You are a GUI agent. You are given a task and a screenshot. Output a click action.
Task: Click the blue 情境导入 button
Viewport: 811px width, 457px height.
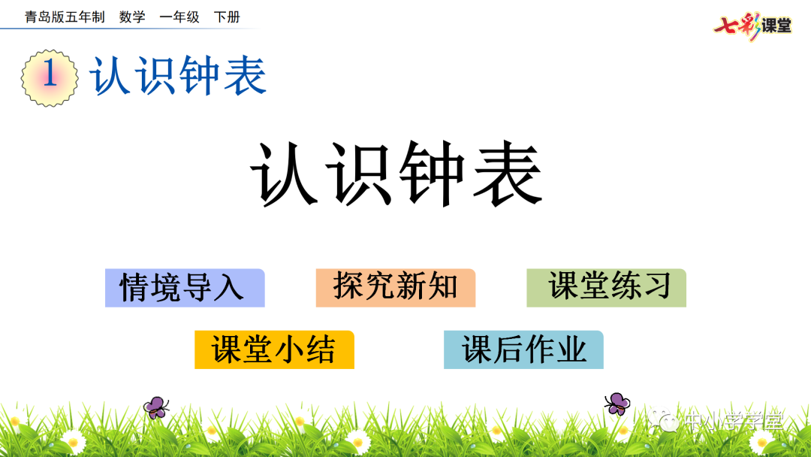pos(185,288)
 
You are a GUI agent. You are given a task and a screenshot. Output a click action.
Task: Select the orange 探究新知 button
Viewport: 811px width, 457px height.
pos(396,288)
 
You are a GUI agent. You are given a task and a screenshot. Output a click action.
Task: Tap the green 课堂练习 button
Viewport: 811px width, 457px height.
pos(607,288)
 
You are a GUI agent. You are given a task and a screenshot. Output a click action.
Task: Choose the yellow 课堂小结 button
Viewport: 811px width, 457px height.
pos(274,350)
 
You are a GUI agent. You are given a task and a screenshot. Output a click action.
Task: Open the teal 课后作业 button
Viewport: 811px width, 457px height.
pos(523,350)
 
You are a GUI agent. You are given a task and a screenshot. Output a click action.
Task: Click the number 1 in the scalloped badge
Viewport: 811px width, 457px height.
pos(50,76)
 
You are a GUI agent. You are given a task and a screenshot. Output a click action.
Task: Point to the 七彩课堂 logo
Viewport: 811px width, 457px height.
pos(752,26)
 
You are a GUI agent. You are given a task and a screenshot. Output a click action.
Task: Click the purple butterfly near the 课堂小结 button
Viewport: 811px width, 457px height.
pos(156,407)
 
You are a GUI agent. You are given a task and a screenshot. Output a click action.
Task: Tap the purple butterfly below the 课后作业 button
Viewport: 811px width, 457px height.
pos(617,404)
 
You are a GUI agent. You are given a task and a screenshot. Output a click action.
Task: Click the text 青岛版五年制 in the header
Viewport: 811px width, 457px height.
pos(65,17)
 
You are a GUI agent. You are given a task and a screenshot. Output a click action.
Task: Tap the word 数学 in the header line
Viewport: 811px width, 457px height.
pos(132,17)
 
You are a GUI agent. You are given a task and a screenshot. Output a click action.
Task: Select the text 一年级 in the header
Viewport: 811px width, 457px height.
pos(179,17)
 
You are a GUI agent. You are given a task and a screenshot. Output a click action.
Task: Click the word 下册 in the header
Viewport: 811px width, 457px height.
pos(227,17)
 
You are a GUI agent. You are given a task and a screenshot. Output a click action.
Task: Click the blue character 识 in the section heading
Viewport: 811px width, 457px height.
pos(156,76)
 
